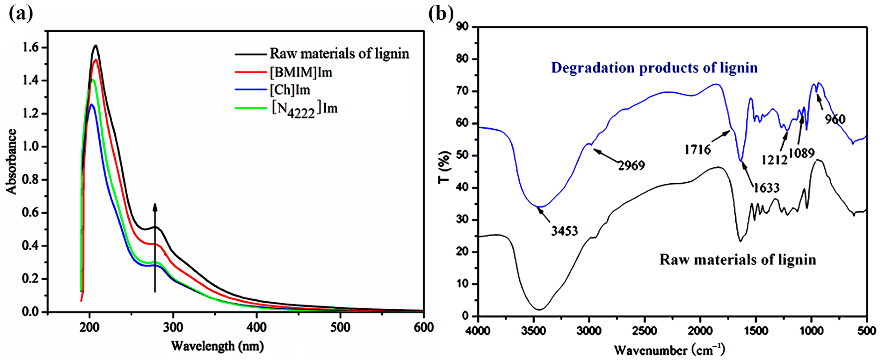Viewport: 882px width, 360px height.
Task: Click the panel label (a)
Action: pos(21,14)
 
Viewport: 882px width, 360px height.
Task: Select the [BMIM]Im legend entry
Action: pos(301,72)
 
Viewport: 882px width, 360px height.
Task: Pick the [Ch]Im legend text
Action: pos(290,90)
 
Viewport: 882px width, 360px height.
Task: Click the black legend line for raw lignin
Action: pos(251,54)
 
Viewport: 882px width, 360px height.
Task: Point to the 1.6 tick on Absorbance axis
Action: pos(30,47)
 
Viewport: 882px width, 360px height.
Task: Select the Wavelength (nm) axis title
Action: pos(217,346)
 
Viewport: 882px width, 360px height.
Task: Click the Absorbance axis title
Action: pos(11,162)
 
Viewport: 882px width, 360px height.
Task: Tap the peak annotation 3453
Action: pos(564,231)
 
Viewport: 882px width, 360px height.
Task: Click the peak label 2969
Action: pos(631,165)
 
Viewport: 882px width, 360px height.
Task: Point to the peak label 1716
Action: pos(697,150)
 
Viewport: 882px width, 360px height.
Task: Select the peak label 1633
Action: pos(766,188)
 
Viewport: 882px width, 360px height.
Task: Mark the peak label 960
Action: pos(835,119)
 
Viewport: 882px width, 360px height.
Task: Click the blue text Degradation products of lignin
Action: pos(654,68)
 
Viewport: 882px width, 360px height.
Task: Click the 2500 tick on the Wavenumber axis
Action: pos(645,331)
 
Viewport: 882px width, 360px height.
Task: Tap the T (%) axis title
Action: pos(444,167)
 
